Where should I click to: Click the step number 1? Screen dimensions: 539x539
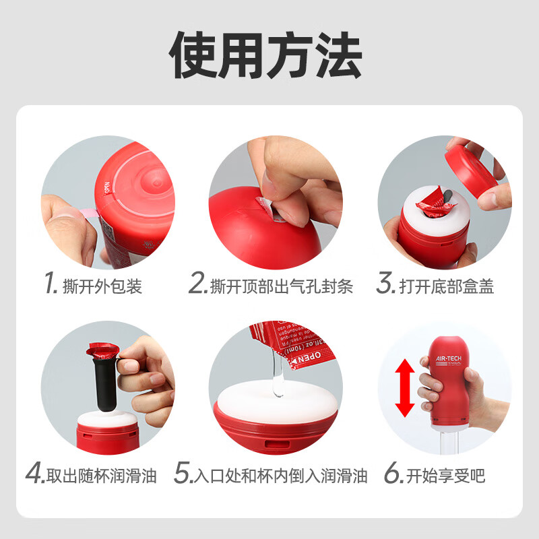click(49, 285)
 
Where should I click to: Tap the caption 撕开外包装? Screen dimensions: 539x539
click(100, 286)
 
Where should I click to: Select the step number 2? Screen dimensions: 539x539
click(197, 285)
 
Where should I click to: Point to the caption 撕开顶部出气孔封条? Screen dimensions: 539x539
click(281, 286)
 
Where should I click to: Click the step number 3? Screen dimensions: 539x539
click(385, 285)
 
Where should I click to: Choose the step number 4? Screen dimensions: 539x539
click(34, 475)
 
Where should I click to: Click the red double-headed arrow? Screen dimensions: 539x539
click(404, 387)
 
